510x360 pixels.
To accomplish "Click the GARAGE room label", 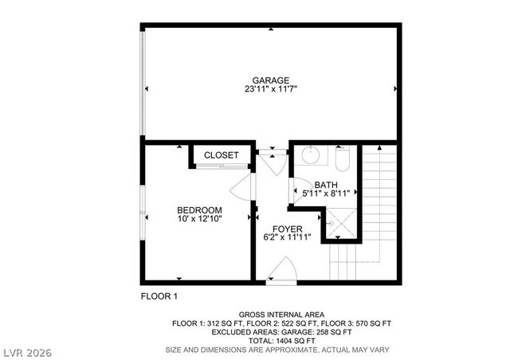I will pos(271,80).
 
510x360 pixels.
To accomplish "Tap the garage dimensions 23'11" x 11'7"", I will pos(271,89).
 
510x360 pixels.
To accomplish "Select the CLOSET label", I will pos(222,155).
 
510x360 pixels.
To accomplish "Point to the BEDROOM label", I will pos(199,210).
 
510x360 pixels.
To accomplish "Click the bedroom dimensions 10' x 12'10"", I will pos(199,220).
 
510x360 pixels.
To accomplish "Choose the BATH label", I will pos(325,186).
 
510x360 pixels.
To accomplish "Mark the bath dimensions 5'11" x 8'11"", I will pos(325,194).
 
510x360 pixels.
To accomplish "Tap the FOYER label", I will pos(288,229).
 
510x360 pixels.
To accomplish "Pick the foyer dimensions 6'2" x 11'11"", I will pos(288,237).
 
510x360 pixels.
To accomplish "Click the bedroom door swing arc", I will pos(241,188).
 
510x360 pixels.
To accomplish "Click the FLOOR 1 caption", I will pos(159,296).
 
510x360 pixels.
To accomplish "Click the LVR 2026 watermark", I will pos(25,351).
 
